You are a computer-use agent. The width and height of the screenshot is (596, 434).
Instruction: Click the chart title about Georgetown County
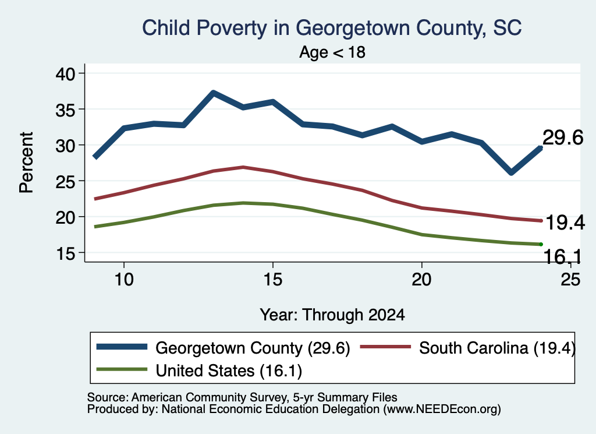(332, 29)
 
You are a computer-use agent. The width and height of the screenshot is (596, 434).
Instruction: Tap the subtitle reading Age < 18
(332, 52)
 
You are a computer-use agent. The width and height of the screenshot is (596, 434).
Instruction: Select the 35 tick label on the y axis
(66, 110)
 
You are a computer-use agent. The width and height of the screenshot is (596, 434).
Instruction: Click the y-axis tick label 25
(66, 181)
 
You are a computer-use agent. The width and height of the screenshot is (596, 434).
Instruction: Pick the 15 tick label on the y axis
(66, 253)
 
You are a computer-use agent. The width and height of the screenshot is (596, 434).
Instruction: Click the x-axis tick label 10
(124, 280)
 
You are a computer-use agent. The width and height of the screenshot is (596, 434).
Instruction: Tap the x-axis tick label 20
(421, 280)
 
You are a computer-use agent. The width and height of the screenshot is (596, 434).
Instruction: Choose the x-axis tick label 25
(570, 280)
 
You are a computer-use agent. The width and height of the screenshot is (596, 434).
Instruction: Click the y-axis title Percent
(27, 163)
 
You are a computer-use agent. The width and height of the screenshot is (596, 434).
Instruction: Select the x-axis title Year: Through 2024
(332, 315)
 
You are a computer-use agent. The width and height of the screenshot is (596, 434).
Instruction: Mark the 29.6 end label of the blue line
(563, 137)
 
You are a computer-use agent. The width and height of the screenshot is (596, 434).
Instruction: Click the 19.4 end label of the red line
(565, 223)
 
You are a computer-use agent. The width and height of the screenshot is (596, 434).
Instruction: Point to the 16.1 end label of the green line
(563, 256)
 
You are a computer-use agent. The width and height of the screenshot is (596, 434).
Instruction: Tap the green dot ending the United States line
(541, 244)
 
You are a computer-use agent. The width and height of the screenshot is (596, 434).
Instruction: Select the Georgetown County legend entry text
(253, 348)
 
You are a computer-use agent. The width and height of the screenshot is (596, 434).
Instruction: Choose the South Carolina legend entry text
(497, 348)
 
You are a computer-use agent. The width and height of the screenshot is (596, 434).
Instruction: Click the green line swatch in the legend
(122, 369)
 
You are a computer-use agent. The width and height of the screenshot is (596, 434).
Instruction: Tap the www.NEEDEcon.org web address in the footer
(442, 409)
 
